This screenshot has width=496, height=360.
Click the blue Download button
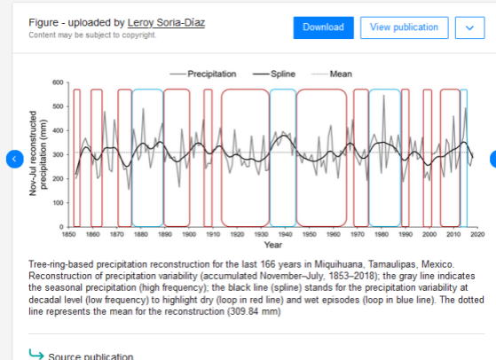coord(323,27)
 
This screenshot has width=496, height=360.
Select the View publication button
coord(404,27)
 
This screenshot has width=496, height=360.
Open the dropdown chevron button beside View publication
coord(469,27)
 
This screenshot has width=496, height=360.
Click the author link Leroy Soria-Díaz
coord(166,23)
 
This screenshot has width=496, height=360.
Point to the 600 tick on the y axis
coord(58,82)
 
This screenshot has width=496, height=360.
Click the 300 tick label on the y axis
coord(58,154)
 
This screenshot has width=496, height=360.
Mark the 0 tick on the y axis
coord(61,227)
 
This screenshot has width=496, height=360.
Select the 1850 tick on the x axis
coord(68,234)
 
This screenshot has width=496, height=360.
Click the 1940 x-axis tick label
coord(285,234)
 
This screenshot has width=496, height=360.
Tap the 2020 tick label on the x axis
coord(477,234)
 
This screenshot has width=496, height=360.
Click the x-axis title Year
coord(273,245)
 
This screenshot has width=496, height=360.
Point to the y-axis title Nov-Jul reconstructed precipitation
coord(38,153)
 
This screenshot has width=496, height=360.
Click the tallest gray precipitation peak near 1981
coord(384,95)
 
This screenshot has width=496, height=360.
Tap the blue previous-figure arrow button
coord(14,159)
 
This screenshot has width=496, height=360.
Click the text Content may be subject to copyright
coord(92,35)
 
